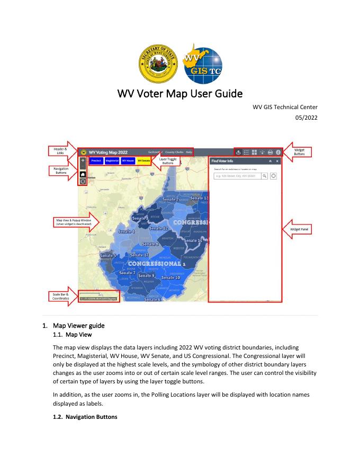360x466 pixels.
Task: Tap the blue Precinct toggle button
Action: pyautogui.click(x=95, y=160)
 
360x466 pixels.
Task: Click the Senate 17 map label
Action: pyautogui.click(x=139, y=255)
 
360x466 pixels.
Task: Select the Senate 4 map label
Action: pyautogui.click(x=126, y=231)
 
